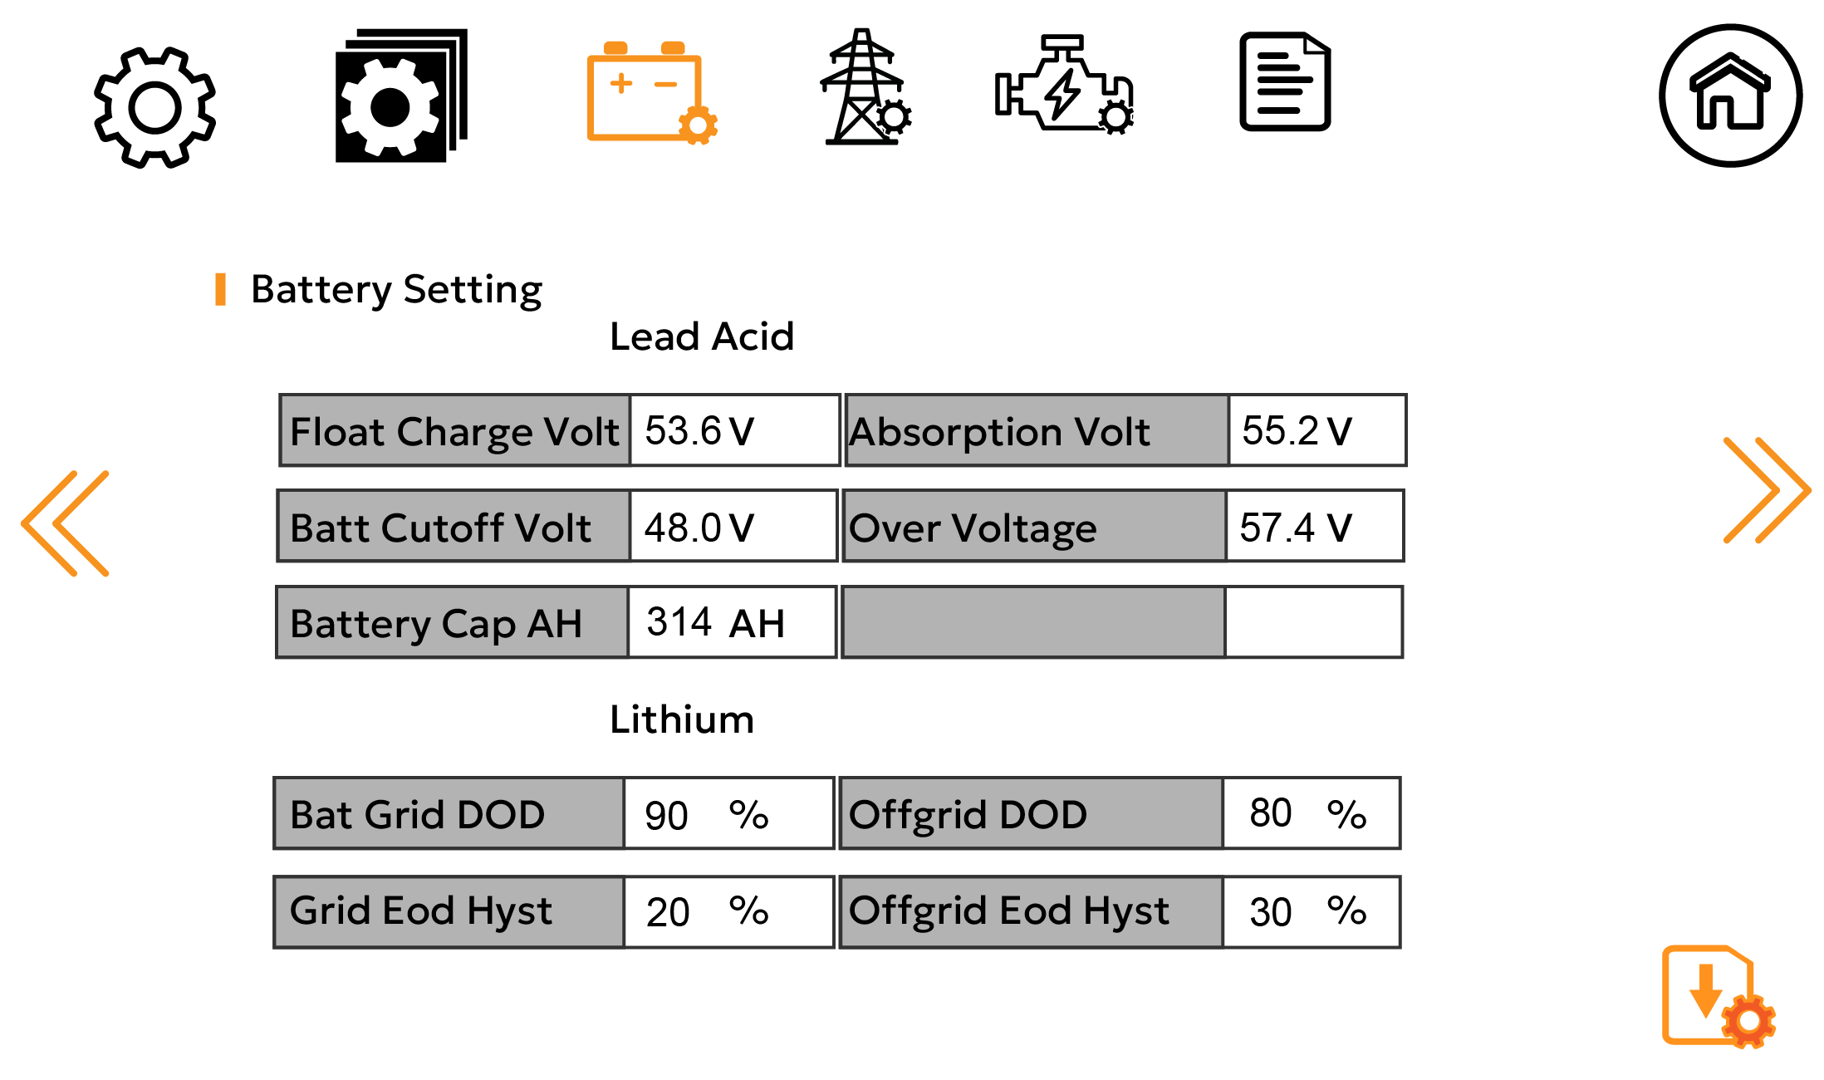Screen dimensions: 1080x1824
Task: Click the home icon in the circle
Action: tap(1730, 96)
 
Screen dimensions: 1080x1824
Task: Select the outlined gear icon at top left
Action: tap(154, 106)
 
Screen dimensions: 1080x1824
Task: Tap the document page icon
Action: tap(1284, 81)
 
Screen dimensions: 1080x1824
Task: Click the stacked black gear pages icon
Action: tap(400, 96)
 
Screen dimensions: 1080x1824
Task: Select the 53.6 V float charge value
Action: tap(734, 430)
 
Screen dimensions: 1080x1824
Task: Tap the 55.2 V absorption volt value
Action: tap(1316, 430)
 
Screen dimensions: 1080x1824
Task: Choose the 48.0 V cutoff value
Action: tap(733, 527)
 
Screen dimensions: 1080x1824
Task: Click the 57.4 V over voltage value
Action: tap(1314, 527)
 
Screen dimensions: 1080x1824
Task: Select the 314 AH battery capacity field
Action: tap(731, 622)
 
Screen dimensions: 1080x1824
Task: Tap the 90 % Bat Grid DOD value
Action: tap(728, 814)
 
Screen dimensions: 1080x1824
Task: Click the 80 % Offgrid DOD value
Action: tap(1311, 814)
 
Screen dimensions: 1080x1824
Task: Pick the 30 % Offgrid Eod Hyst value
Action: tap(1311, 911)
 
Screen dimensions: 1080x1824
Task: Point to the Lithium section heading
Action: tap(681, 719)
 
